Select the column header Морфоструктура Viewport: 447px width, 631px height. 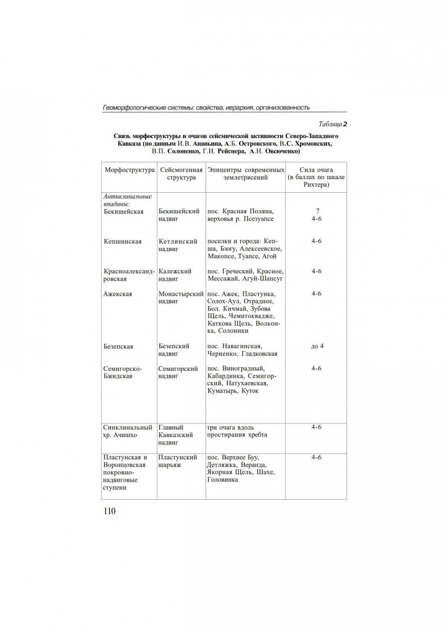pyautogui.click(x=129, y=170)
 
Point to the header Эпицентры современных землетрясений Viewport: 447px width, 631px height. pyautogui.click(x=245, y=174)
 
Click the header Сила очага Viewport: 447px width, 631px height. pyautogui.click(x=316, y=170)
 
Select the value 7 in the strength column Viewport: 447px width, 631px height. pyautogui.click(x=316, y=211)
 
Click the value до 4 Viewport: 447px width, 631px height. pyautogui.click(x=316, y=346)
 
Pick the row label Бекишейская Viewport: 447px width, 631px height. pyautogui.click(x=124, y=211)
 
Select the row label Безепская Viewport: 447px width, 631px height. pyautogui.click(x=119, y=346)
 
